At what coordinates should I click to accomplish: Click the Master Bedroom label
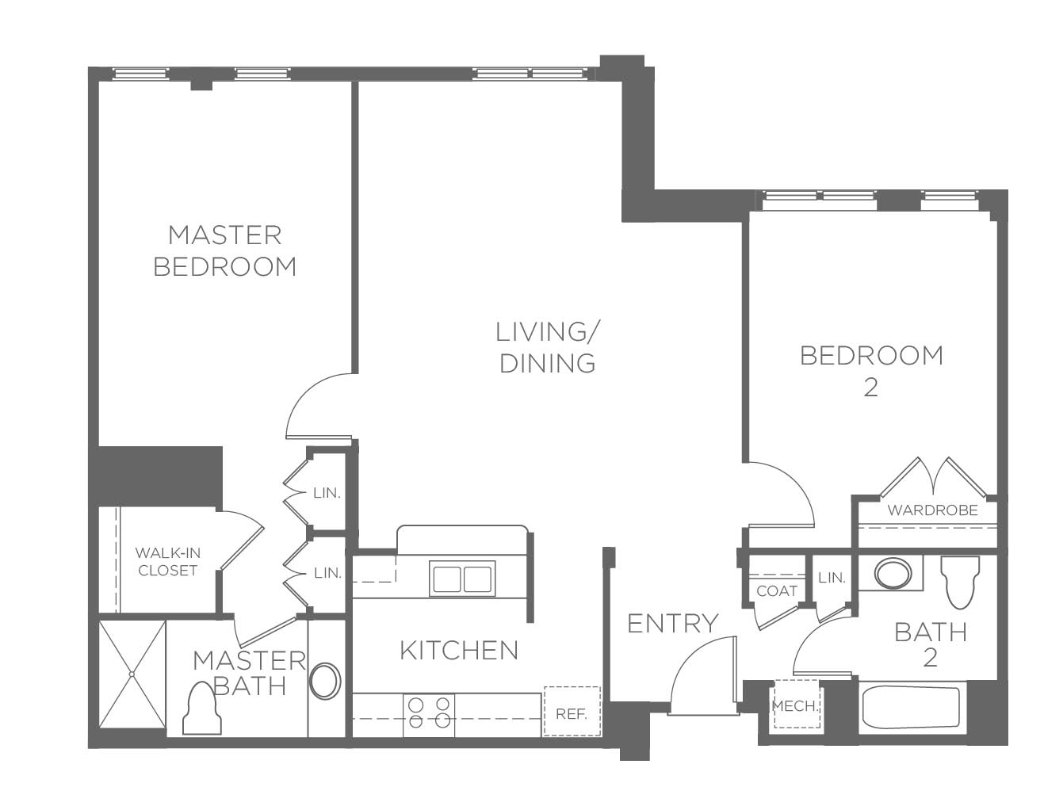[x=224, y=251]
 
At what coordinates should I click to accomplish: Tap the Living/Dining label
[x=547, y=348]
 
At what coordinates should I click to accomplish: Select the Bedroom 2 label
[x=871, y=372]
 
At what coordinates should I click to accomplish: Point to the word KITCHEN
[x=459, y=651]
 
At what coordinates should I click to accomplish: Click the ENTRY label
[x=672, y=624]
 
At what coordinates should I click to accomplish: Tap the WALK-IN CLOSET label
[x=167, y=562]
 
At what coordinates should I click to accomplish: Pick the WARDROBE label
[x=932, y=510]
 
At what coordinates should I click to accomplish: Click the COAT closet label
[x=777, y=591]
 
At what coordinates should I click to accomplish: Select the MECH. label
[x=796, y=706]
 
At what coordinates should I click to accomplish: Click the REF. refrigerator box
[x=572, y=712]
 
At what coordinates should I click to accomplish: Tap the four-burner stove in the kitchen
[x=429, y=715]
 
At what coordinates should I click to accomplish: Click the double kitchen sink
[x=462, y=579]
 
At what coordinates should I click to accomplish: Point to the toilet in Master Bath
[x=203, y=709]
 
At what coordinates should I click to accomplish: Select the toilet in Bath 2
[x=961, y=582]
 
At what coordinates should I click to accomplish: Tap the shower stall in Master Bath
[x=132, y=674]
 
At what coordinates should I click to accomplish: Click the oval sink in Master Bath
[x=325, y=681]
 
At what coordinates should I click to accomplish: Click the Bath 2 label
[x=931, y=645]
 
